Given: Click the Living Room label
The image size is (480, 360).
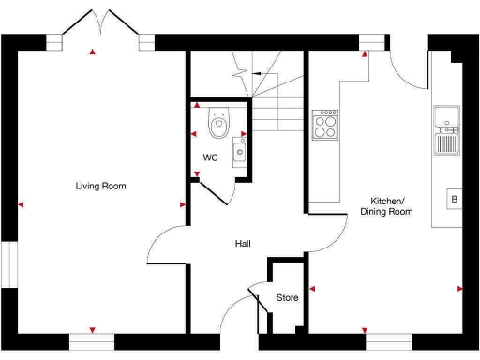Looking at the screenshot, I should [100, 186].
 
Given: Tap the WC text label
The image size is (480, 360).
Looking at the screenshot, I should [210, 157].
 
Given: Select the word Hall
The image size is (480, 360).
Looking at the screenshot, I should [243, 244].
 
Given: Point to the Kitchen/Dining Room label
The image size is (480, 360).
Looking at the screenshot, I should [386, 206].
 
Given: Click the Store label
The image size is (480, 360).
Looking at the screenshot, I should [287, 298].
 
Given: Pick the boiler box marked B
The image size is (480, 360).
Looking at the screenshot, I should [454, 199].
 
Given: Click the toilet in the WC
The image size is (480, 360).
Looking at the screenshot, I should [218, 122].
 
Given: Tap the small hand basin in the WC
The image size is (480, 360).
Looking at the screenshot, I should [239, 150].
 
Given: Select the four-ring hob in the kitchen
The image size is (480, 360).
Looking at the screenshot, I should [325, 125].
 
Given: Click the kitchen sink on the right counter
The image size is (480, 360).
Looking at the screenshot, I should [445, 131].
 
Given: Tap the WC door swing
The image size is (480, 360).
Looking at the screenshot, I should [211, 192].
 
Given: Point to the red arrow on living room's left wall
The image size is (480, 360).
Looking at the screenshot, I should [21, 204].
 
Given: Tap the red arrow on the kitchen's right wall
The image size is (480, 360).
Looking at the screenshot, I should [459, 289].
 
